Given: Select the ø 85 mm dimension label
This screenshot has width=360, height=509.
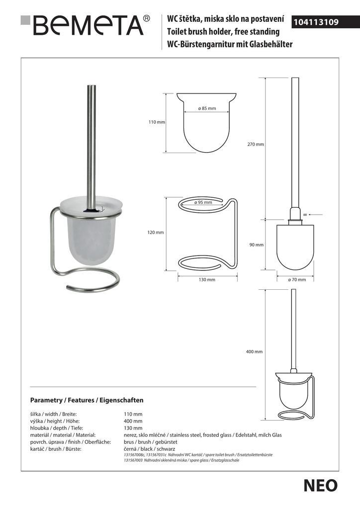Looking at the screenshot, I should [207, 108].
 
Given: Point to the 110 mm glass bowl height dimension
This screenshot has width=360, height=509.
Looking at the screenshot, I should [157, 122].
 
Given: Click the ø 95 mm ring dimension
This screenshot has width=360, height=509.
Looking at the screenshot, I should [204, 202].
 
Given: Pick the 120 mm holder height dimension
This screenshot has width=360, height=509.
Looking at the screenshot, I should [156, 233].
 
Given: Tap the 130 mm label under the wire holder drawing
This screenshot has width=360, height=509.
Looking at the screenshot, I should [207, 280].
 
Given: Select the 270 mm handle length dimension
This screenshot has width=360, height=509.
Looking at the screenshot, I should [256, 144].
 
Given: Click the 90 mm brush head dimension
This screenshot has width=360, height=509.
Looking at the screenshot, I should [257, 245].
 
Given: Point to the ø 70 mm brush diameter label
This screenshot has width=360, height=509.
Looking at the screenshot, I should [297, 280].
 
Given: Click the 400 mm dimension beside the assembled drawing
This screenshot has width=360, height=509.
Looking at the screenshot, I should [254, 352].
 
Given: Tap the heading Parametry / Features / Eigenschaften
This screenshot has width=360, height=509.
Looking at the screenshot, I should [87, 400].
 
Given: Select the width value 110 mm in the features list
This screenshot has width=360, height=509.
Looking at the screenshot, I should [133, 414].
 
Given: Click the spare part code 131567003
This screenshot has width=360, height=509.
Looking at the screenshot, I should [133, 461].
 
